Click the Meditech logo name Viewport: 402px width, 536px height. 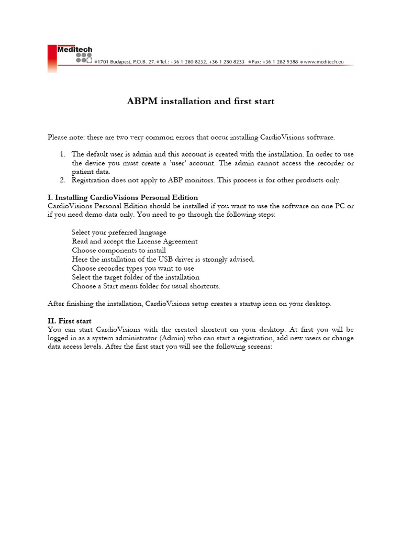point(74,50)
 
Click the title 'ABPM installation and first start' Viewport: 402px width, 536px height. point(200,101)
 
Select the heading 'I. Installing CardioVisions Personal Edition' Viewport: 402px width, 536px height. point(123,197)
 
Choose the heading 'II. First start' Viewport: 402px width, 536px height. point(70,321)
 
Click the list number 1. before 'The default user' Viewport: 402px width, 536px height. point(62,154)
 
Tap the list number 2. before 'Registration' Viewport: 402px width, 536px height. point(62,180)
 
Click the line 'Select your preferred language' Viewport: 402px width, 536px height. point(119,232)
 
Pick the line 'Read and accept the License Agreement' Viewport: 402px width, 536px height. point(135,241)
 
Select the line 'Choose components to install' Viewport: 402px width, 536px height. point(119,250)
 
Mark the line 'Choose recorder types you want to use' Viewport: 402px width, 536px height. point(133,268)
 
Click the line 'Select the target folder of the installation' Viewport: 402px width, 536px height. point(136,277)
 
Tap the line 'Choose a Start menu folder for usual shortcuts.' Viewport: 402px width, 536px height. point(146,286)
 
